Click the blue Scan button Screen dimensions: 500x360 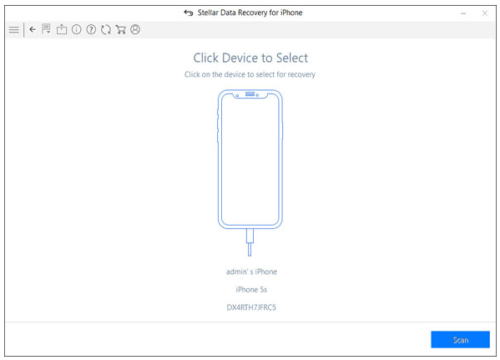pos(460,340)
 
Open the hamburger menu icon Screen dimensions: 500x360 pos(14,30)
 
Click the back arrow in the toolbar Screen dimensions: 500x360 pos(33,29)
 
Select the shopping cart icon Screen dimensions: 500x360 pos(120,30)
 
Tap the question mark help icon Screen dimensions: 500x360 pos(91,30)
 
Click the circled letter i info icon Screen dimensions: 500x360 pos(76,30)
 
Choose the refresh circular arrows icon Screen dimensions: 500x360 pos(106,30)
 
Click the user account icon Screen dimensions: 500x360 pos(135,30)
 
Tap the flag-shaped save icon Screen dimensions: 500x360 pos(46,28)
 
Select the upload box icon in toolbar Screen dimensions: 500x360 pos(62,29)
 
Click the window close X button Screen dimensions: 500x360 pos(485,13)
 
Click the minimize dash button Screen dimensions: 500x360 pos(463,13)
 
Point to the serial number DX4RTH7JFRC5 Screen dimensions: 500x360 pos(251,307)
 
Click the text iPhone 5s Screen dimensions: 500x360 pos(251,290)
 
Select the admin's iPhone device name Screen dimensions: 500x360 pos(251,271)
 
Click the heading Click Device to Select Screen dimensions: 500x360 pos(250,58)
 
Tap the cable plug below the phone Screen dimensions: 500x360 pos(250,242)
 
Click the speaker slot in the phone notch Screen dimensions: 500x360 pos(250,94)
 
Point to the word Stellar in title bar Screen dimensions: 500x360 pos(208,13)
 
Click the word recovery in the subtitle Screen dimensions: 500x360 pos(301,74)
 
